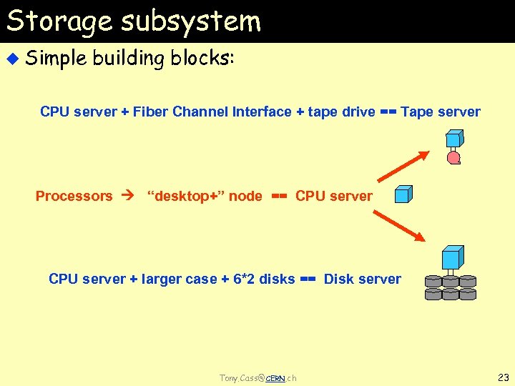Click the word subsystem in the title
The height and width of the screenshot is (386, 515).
[x=191, y=21]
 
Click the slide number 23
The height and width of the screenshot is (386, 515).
[x=502, y=377]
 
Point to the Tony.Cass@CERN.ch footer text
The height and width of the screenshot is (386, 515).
[x=257, y=377]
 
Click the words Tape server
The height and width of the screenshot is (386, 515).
[x=441, y=112]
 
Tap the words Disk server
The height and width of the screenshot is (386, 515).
[x=363, y=279]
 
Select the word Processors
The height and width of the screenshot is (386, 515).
[x=74, y=196]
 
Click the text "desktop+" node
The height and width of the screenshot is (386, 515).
[x=205, y=196]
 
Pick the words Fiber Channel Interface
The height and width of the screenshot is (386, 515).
[x=212, y=112]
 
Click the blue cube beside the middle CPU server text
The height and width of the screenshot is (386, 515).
[x=404, y=194]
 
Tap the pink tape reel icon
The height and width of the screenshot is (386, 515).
[x=453, y=158]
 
